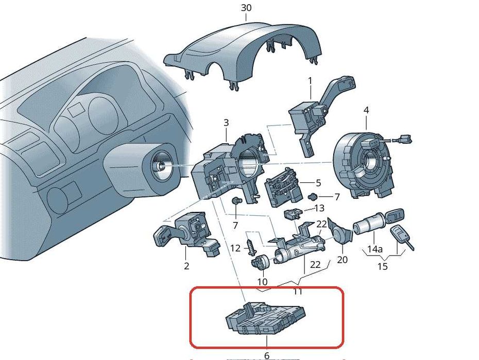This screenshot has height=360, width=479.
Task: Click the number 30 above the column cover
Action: (246, 8)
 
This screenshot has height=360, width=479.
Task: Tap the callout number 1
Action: (310, 80)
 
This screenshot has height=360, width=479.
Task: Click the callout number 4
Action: (366, 110)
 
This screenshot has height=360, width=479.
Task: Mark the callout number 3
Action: (226, 123)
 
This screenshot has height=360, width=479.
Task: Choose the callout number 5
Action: (318, 183)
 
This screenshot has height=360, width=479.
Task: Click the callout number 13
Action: (319, 208)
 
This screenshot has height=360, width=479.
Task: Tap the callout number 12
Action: (235, 248)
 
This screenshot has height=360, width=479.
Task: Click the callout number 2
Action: (186, 266)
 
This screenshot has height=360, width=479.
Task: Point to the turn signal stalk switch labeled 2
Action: (188, 235)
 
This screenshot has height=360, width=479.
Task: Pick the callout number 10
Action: (263, 282)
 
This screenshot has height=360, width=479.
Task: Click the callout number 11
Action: (297, 292)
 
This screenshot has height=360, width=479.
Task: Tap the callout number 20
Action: (343, 260)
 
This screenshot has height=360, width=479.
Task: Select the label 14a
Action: (374, 250)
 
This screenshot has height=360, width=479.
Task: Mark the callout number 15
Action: (382, 267)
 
